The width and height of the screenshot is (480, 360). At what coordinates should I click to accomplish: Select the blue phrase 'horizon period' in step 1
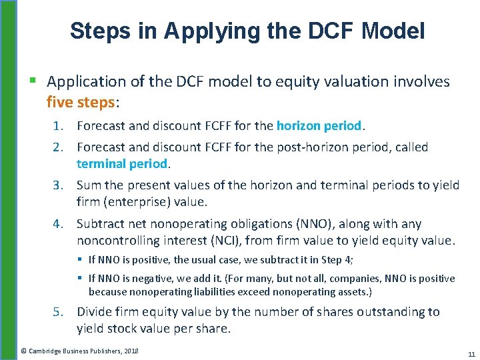319,125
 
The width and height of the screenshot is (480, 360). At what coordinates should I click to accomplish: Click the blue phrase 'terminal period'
121,163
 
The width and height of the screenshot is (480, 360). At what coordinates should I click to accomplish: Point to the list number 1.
60,126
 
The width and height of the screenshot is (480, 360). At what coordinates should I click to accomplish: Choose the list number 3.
60,185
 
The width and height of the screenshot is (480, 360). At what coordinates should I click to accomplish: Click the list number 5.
60,312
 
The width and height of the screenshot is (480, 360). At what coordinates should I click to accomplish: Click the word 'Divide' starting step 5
95,312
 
